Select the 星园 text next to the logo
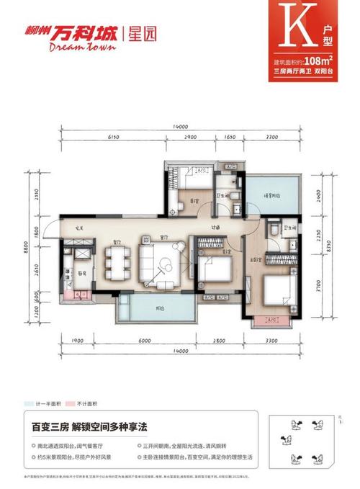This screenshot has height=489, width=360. coord(141,32)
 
